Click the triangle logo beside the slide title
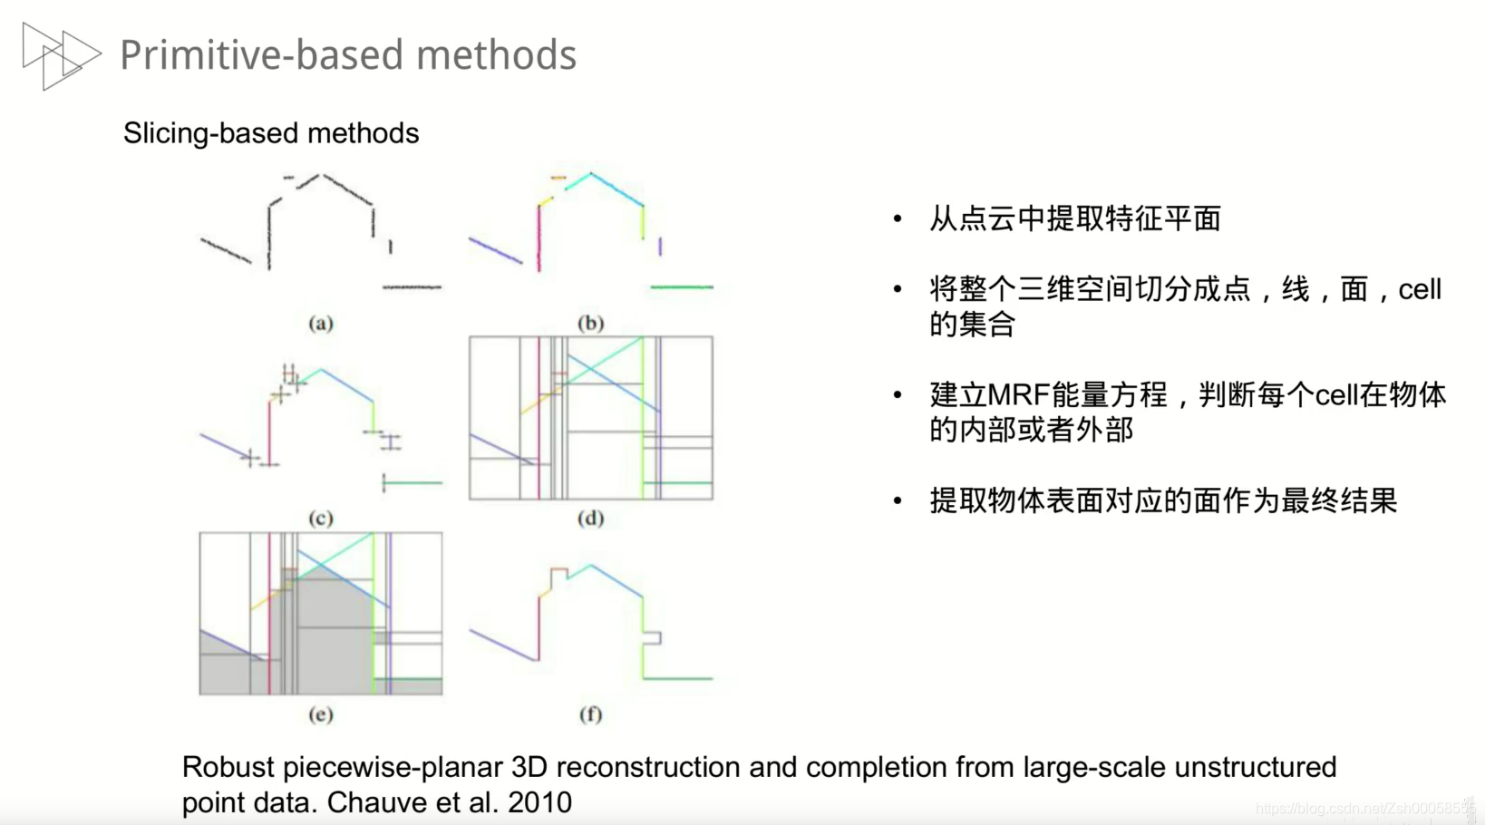tap(60, 55)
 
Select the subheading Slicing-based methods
tap(271, 133)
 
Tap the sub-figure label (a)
tap(320, 323)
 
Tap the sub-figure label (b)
tap(590, 323)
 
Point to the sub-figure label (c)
tap(320, 519)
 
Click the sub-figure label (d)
tap(590, 519)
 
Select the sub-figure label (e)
tap(320, 714)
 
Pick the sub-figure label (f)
tap(590, 714)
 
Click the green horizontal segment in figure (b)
tap(682, 287)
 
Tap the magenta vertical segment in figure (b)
tap(539, 238)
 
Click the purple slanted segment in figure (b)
tap(495, 250)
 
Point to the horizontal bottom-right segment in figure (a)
tap(412, 287)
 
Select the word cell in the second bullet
tap(1419, 290)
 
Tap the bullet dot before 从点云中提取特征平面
tap(898, 218)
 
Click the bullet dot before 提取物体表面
tap(898, 500)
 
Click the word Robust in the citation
tap(228, 767)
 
